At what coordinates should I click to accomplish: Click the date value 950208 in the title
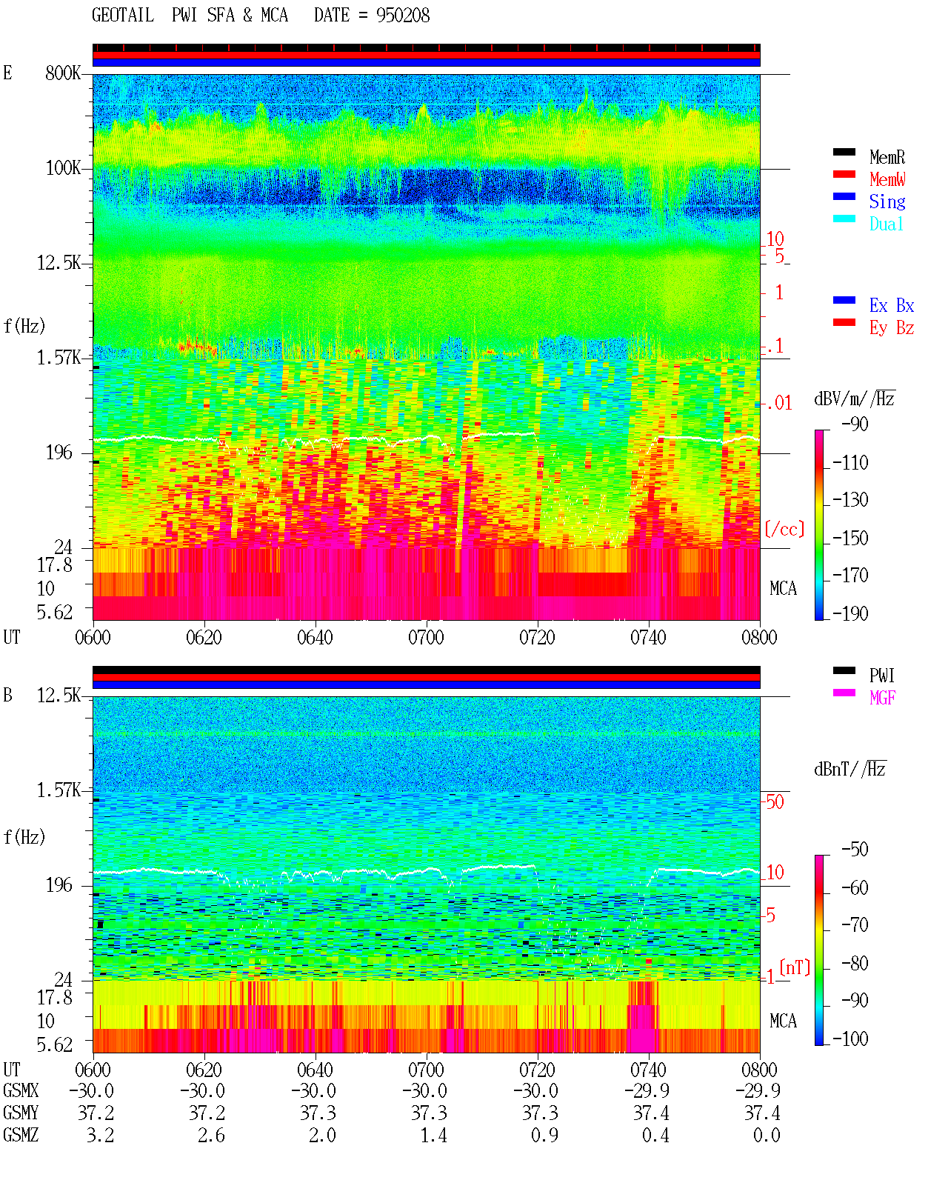[402, 16]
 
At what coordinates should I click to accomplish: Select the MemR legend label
[887, 157]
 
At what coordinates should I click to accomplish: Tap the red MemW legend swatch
[844, 174]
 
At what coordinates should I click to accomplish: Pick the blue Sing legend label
[887, 201]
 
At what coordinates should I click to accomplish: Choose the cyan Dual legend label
[886, 224]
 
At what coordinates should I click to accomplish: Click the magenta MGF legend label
[882, 698]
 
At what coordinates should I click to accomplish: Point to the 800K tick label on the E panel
[63, 73]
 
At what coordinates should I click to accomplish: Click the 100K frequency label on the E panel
[63, 168]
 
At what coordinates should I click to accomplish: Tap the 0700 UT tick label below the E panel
[426, 637]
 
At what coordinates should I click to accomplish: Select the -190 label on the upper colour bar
[850, 613]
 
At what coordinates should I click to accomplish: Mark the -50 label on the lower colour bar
[855, 850]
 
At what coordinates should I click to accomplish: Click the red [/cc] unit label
[784, 529]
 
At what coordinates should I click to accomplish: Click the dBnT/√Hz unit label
[849, 770]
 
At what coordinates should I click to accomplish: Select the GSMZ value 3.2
[100, 1135]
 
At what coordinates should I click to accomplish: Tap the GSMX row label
[21, 1090]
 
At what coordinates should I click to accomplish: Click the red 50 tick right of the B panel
[775, 801]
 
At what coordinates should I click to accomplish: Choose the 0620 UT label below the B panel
[204, 1069]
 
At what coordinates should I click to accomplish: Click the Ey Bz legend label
[892, 328]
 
